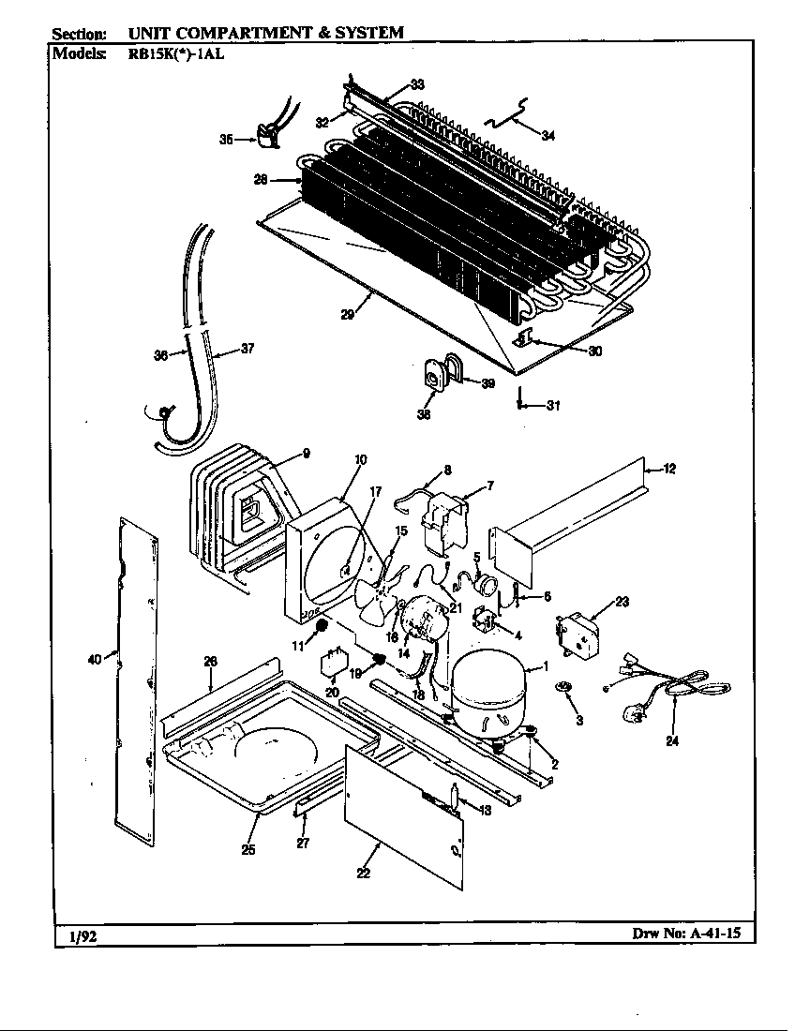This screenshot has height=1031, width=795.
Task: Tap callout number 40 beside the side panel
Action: pyautogui.click(x=94, y=659)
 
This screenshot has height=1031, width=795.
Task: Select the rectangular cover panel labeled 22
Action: pyautogui.click(x=405, y=815)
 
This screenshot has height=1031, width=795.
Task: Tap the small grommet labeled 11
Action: pyautogui.click(x=322, y=625)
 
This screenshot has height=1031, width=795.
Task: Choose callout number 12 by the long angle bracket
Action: pyautogui.click(x=669, y=468)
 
